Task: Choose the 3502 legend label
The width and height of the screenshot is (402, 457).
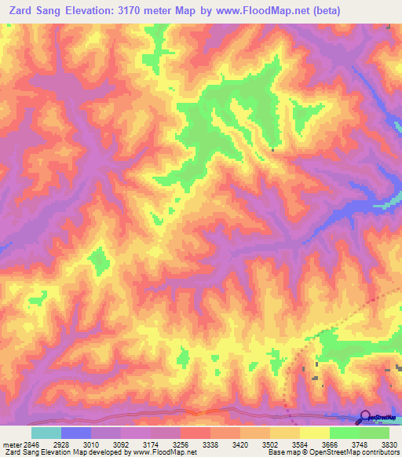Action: point(284,443)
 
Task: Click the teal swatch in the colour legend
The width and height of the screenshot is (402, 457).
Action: point(46,433)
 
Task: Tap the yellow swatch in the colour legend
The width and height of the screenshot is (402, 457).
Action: point(315,433)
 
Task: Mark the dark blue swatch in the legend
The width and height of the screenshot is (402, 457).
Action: point(76,433)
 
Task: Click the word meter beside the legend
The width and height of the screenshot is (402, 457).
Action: point(10,443)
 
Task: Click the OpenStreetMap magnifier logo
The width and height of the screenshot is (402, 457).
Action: point(365,417)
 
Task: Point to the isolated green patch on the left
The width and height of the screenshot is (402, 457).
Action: point(99,259)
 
